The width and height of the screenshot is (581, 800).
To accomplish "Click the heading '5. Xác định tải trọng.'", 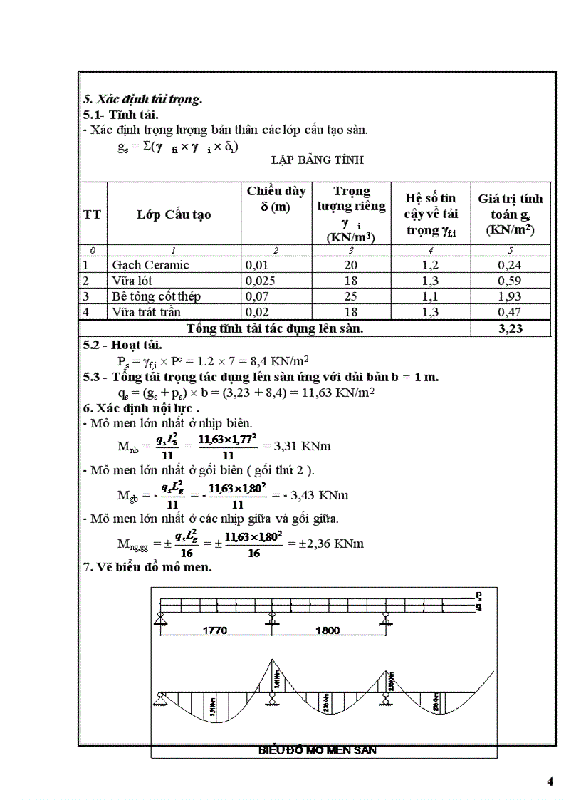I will pos(143,100).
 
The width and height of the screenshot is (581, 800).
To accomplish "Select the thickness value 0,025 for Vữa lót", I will pos(260,281).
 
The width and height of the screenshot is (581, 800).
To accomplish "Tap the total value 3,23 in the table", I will pos(511,328).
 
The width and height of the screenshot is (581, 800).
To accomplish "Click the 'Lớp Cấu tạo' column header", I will pos(174,214).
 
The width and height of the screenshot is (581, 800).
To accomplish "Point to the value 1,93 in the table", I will pos(510,296).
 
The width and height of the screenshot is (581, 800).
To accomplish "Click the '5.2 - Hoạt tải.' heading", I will pos(122,346).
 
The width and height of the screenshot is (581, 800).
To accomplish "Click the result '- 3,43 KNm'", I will pos(312,494).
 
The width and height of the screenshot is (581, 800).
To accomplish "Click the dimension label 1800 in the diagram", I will pos(326,630).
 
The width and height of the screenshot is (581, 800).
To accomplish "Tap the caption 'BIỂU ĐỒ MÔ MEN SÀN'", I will pos(317,750).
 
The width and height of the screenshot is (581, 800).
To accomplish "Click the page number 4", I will pos(550,781).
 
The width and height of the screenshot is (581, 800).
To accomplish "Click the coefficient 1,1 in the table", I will pos(430,296).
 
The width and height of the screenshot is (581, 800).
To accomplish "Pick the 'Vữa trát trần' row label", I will pos(146,312).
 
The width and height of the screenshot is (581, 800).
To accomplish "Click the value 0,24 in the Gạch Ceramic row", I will pos(510,265).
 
